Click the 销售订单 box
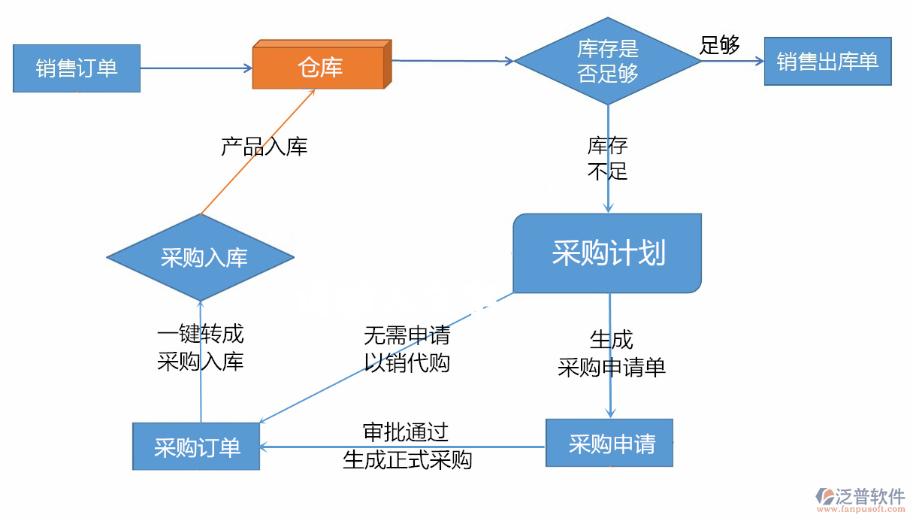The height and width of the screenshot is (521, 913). coord(77,68)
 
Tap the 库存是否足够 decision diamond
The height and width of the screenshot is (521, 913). coord(608,62)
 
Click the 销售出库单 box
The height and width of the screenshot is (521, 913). coord(827,62)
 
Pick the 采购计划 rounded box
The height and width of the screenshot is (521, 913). coord(607,253)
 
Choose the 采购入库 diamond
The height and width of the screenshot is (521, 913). coord(201,258)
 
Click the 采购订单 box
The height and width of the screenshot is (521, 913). coord(196,447)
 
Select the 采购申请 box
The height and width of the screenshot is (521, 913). coord(609,444)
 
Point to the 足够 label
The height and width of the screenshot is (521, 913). coord(719,45)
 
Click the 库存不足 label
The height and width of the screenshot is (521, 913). coord(607,159)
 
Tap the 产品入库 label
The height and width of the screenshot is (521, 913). coord(264,147)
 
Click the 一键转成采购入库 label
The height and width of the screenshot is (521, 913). coord(201,348)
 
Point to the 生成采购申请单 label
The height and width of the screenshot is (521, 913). coord(612,353)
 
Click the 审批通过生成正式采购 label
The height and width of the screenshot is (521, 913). coord(407,446)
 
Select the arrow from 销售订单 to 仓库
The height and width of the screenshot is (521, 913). coord(195,68)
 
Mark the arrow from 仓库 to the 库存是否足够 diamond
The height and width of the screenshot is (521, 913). coord(451,61)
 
